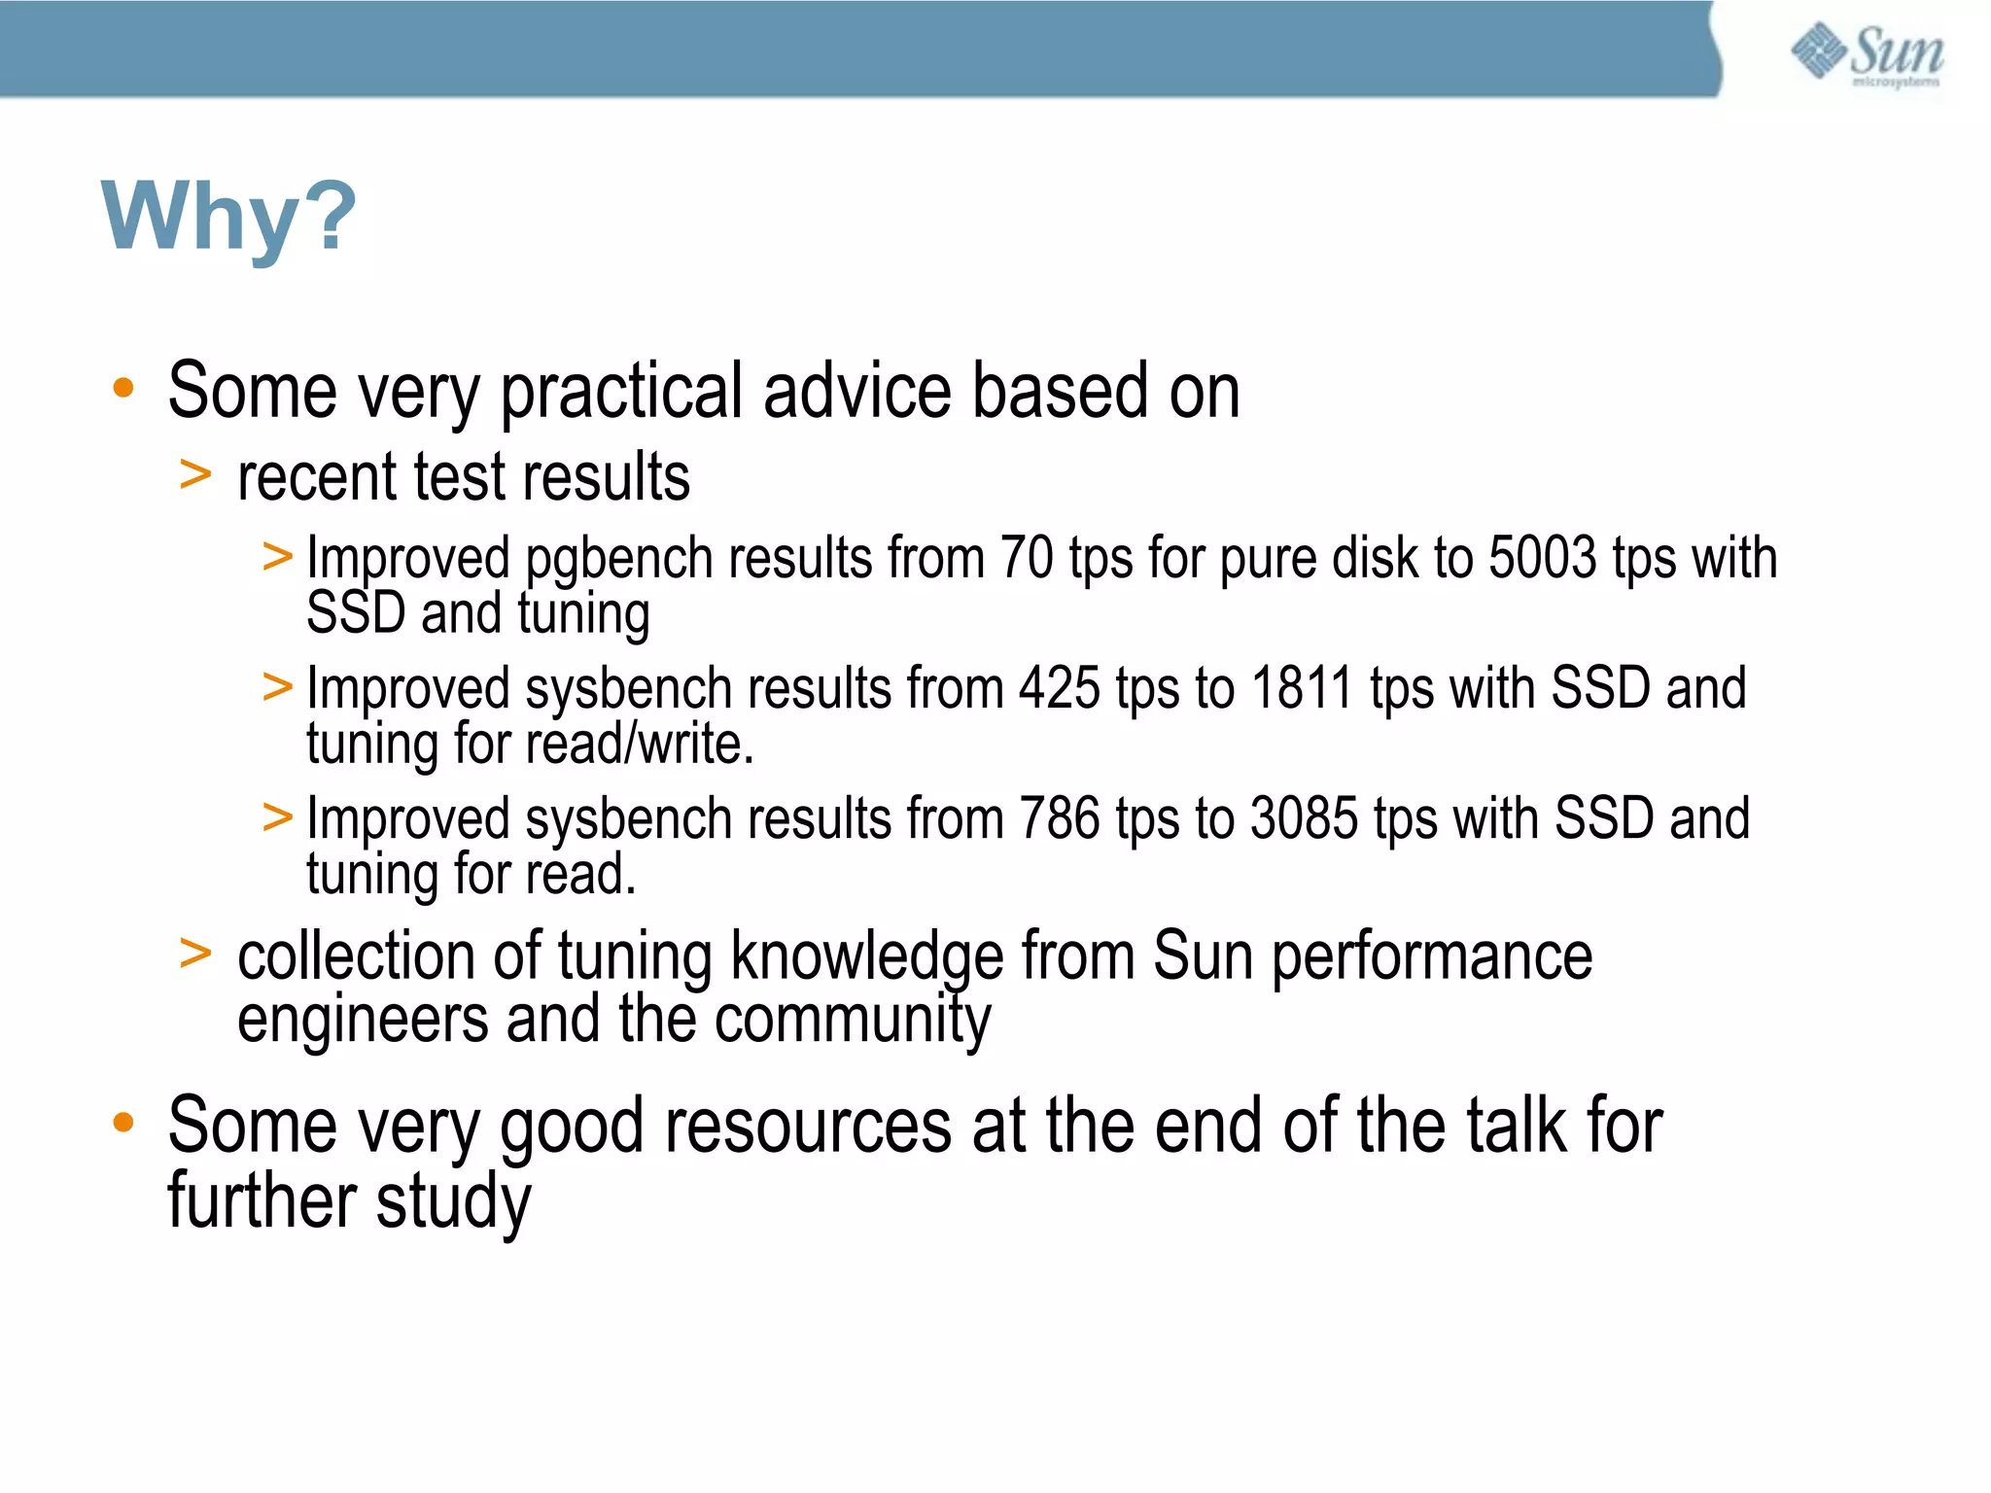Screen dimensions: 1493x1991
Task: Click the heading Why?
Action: (x=229, y=217)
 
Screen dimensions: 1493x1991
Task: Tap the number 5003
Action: (x=1542, y=559)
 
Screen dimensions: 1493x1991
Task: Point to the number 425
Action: (x=1060, y=689)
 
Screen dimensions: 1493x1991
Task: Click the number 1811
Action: (x=1302, y=689)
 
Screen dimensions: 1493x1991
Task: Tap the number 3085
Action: (x=1304, y=818)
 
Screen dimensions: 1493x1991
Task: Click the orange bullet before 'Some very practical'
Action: (x=122, y=389)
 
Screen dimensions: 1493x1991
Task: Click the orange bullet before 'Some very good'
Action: (x=122, y=1124)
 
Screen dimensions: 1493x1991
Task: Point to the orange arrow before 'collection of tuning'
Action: (x=195, y=954)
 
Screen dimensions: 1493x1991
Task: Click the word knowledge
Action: (x=866, y=957)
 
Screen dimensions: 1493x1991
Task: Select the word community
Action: (x=853, y=1021)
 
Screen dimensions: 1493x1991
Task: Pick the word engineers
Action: (x=363, y=1021)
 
